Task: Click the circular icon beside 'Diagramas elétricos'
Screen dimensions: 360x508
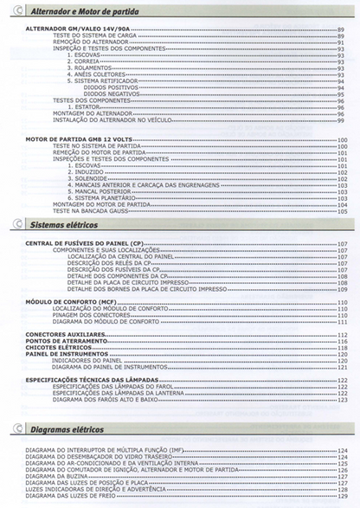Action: pyautogui.click(x=18, y=429)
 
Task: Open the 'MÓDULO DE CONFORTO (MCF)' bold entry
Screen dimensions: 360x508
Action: pyautogui.click(x=69, y=301)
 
